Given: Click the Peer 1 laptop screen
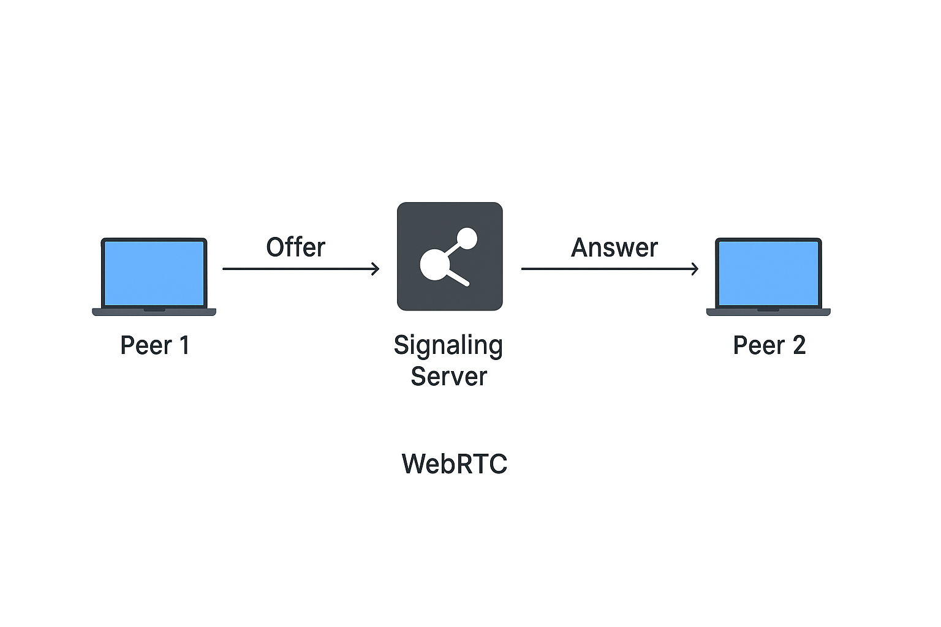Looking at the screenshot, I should [x=154, y=272].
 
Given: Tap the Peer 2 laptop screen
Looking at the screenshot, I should [x=768, y=272].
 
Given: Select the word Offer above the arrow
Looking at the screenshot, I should [x=295, y=247].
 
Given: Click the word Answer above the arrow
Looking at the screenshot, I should [x=614, y=248].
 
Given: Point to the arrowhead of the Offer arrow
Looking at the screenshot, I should [x=376, y=269].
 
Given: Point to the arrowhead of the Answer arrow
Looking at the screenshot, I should [x=695, y=269].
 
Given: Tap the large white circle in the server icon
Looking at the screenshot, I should [x=434, y=265].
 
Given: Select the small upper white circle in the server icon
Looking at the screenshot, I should [x=467, y=238].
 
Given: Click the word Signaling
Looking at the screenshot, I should [x=448, y=346].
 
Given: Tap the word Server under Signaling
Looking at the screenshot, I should [x=448, y=377].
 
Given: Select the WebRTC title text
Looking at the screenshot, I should [x=454, y=464].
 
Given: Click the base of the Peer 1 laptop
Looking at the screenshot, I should [x=154, y=312].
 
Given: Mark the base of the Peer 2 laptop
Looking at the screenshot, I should [x=768, y=312].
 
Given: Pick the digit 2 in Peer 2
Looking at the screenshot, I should [x=799, y=345].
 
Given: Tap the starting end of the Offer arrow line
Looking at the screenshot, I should [x=225, y=269].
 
